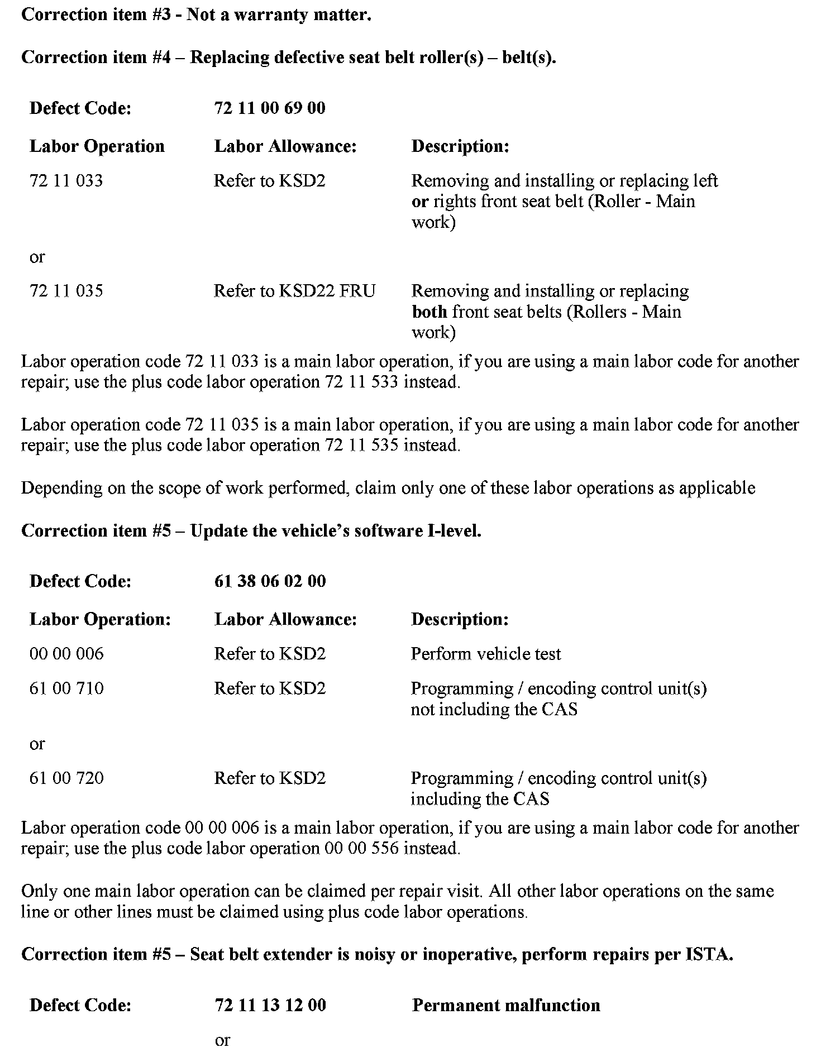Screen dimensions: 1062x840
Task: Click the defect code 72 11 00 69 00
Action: (269, 108)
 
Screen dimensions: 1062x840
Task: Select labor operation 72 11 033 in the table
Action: (66, 181)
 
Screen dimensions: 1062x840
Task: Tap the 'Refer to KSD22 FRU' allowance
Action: (294, 291)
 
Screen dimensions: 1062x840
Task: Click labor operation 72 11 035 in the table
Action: (66, 291)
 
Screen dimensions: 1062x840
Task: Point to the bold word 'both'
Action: (429, 312)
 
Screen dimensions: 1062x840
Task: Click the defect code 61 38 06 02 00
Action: (270, 581)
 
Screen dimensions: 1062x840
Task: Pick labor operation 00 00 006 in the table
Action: (66, 654)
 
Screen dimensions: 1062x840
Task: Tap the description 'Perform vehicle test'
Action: (485, 654)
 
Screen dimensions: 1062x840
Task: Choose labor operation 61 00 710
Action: (66, 688)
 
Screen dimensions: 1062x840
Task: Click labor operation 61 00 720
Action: (66, 778)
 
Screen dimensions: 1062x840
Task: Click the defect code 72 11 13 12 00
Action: (270, 1006)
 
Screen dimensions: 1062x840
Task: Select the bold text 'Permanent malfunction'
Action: (505, 1006)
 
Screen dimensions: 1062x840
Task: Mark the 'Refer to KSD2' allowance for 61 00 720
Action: (269, 778)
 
